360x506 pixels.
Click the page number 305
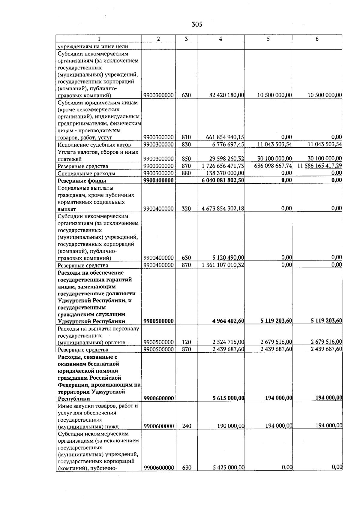[197, 25]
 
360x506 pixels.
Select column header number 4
[220, 39]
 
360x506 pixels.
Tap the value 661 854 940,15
[225, 137]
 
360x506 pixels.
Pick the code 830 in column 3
[186, 145]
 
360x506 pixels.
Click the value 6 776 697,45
[226, 145]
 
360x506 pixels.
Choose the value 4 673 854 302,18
[223, 209]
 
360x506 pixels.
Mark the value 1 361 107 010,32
[223, 265]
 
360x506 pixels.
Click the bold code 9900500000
[158, 321]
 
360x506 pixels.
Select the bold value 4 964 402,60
[228, 321]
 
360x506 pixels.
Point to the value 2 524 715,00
[228, 342]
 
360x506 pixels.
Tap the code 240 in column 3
[187, 426]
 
